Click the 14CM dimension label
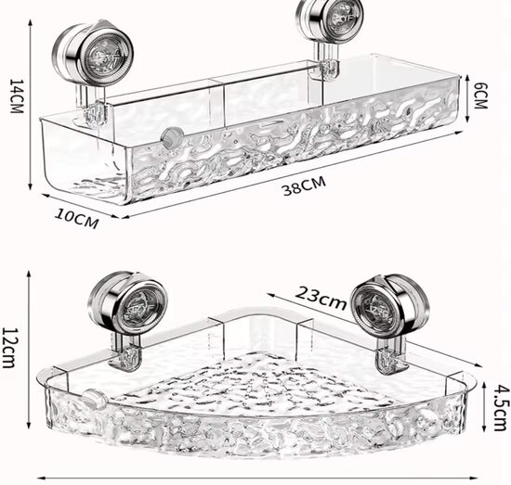[17, 96]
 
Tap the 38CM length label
[305, 185]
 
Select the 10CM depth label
[77, 218]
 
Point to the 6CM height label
[480, 96]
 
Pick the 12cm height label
[8, 348]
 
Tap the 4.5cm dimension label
[499, 408]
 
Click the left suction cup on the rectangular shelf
[93, 55]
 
